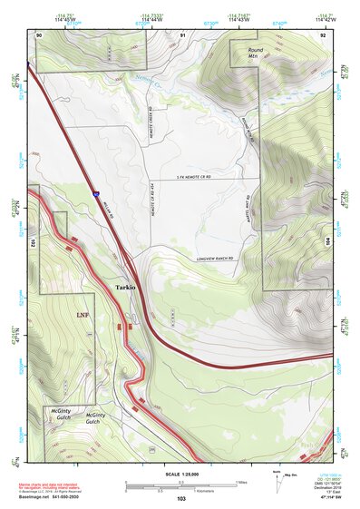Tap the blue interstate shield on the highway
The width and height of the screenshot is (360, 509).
pos(93,192)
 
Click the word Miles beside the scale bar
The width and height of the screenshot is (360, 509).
pos(243,482)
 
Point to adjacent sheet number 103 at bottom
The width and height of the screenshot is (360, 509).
pos(181,500)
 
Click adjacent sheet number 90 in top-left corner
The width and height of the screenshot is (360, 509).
pos(39,34)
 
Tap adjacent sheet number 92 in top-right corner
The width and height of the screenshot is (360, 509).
pos(324,34)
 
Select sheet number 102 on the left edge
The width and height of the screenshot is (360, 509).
pos(33,243)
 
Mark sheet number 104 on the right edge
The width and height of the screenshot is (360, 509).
pos(328,242)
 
